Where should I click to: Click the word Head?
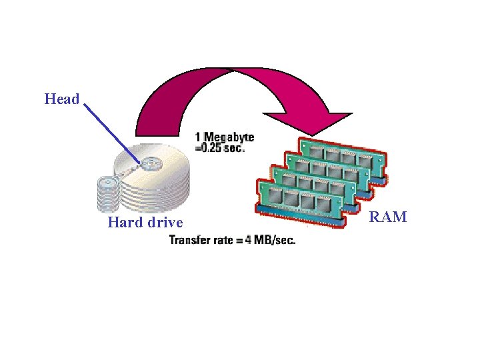pyautogui.click(x=62, y=99)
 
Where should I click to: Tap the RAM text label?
pyautogui.click(x=388, y=217)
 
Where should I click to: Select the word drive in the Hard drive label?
pyautogui.click(x=165, y=222)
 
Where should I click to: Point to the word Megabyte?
pyautogui.click(x=229, y=137)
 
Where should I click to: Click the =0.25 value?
pyautogui.click(x=208, y=148)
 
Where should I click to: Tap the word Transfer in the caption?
pyautogui.click(x=191, y=239)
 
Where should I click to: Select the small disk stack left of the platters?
pyautogui.click(x=106, y=193)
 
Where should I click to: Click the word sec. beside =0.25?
pyautogui.click(x=234, y=148)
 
